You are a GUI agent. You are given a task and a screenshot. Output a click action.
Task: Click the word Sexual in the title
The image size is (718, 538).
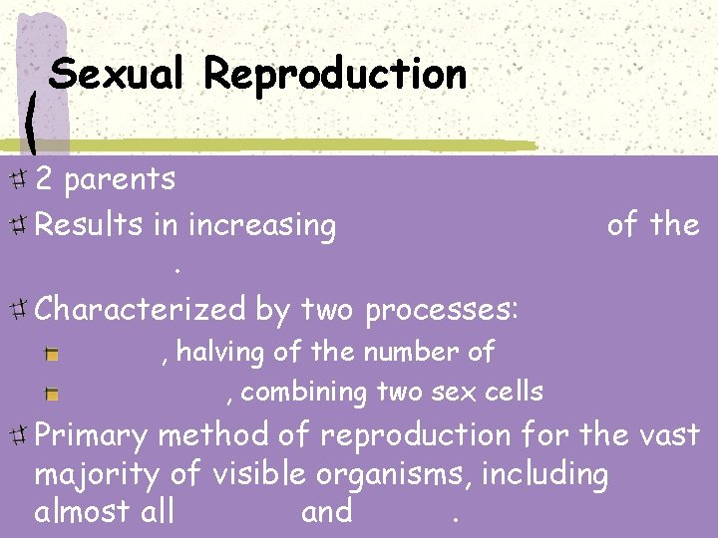click(116, 74)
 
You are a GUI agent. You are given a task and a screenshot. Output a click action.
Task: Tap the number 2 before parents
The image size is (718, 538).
click(44, 179)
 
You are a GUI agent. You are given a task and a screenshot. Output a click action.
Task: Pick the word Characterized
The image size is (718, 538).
click(139, 310)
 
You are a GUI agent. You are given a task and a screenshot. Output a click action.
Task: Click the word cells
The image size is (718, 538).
click(515, 392)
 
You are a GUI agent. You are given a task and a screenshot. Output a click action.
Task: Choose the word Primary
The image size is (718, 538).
click(91, 436)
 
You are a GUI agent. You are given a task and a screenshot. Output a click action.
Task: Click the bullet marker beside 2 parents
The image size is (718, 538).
click(18, 180)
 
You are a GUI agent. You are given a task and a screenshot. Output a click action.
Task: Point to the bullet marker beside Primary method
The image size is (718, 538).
click(18, 435)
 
